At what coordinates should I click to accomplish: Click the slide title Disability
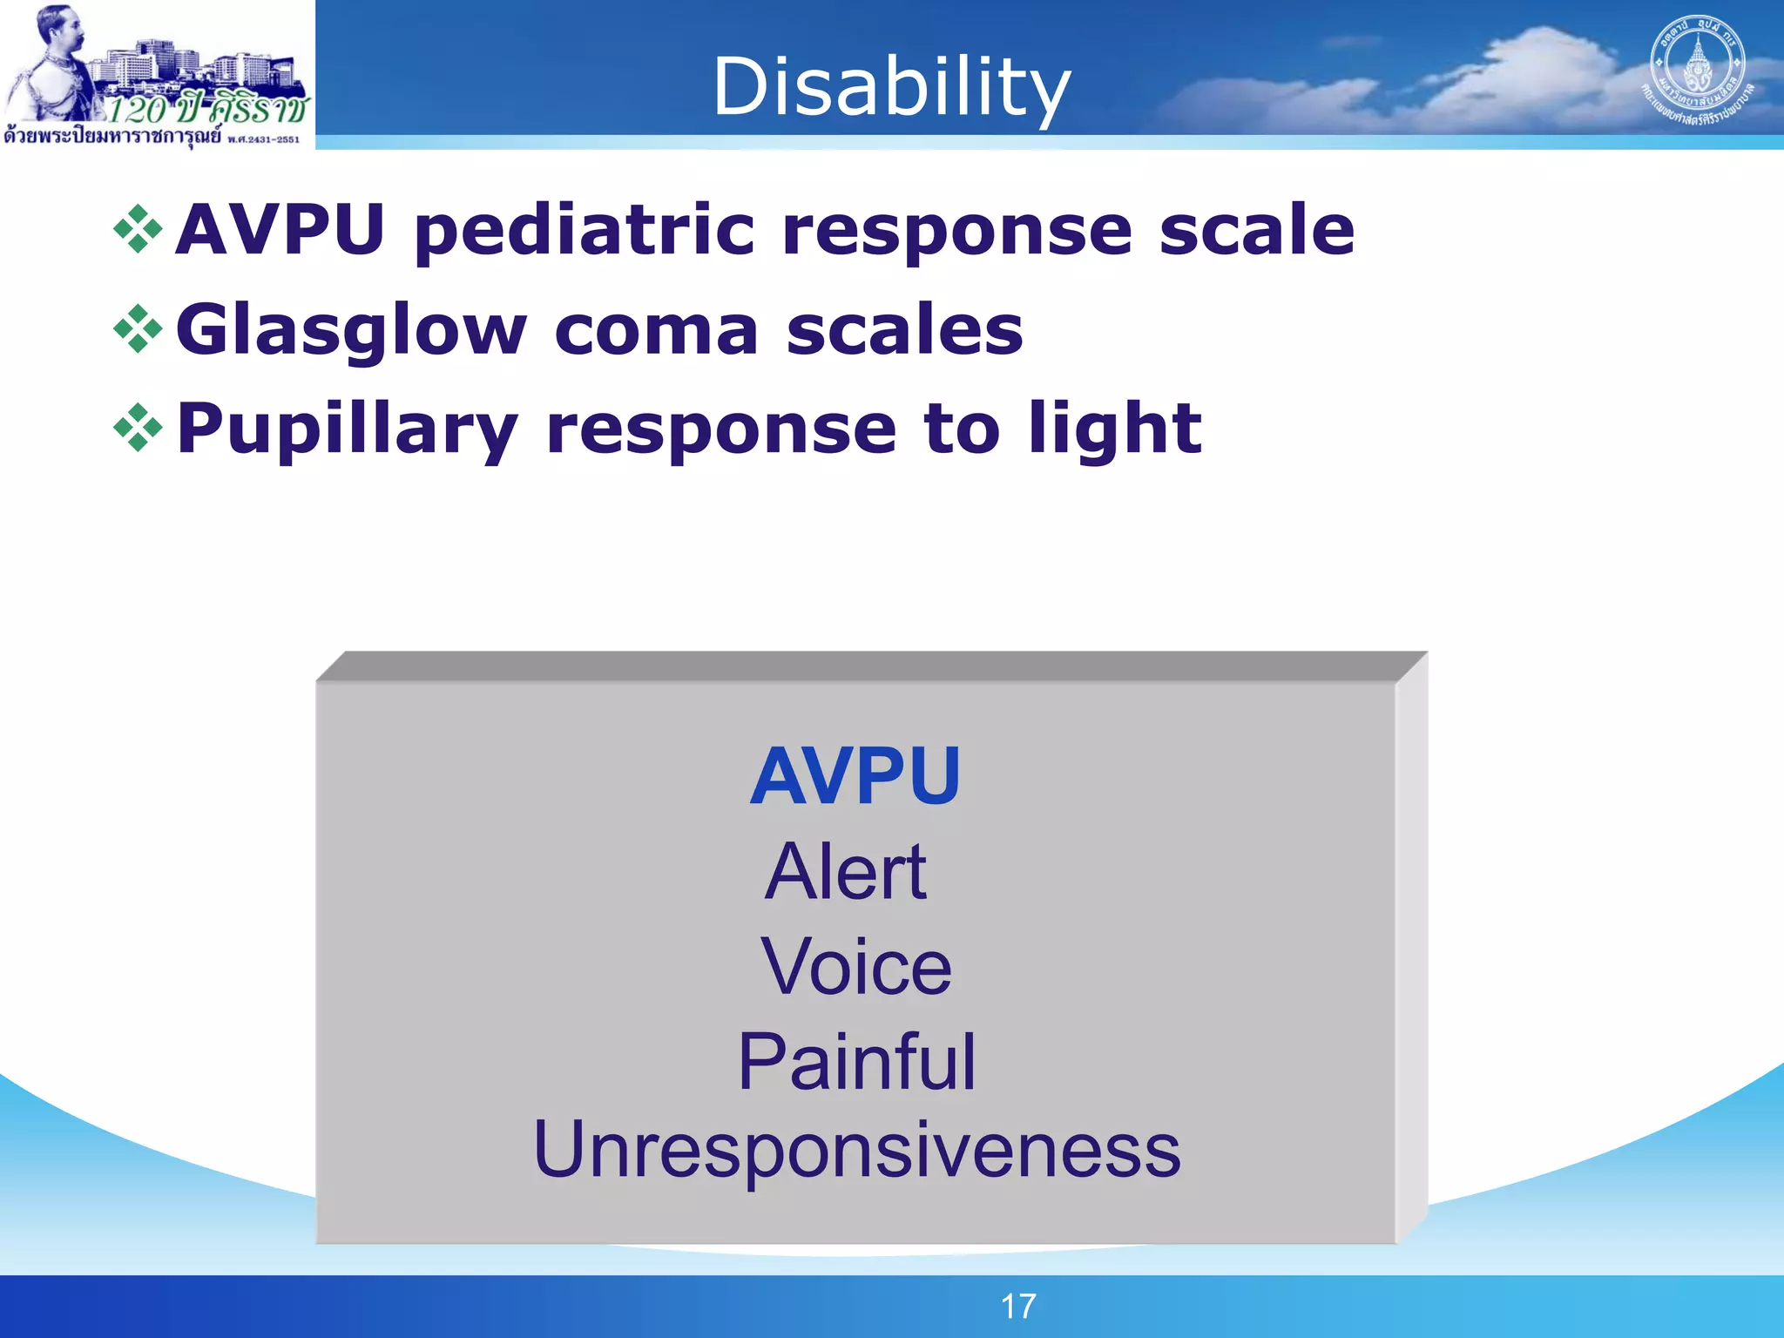tap(891, 87)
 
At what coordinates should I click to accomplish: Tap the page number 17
tap(1017, 1306)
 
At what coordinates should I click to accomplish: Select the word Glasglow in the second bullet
tap(351, 331)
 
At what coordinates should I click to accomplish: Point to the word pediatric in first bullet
tap(584, 231)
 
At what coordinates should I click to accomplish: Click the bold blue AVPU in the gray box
tap(855, 776)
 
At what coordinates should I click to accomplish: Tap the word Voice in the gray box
tap(856, 967)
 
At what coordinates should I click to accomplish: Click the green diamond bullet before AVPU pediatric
tap(139, 230)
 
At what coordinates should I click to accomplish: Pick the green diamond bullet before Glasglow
tap(139, 329)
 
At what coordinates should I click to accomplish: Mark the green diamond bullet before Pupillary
tap(139, 428)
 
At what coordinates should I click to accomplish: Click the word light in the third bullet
tap(1115, 429)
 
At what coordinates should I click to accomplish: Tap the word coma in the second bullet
tap(656, 331)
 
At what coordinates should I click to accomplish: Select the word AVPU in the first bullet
tap(280, 230)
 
